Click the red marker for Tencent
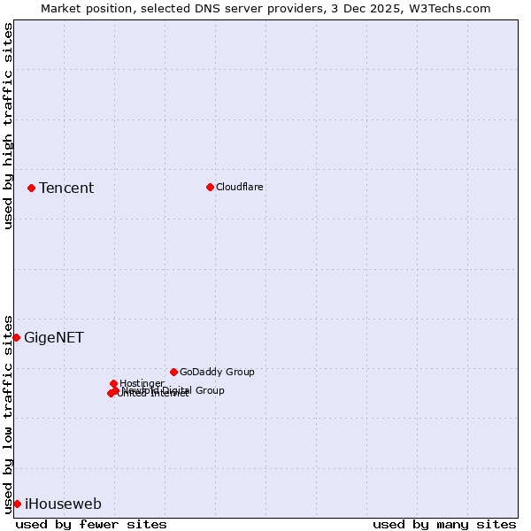(x=31, y=188)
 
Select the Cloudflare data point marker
(x=210, y=187)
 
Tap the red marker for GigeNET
(x=16, y=337)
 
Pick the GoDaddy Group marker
(x=173, y=372)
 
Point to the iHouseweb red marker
(x=17, y=504)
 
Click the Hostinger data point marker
(x=113, y=383)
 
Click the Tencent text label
(x=66, y=188)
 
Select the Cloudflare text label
(x=240, y=187)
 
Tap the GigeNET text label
(x=54, y=337)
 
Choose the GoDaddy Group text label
(x=217, y=372)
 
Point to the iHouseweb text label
(x=63, y=504)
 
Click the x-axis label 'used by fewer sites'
(x=91, y=524)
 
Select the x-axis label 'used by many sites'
(x=444, y=524)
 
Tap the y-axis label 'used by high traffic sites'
(x=8, y=126)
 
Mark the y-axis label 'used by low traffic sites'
(x=8, y=414)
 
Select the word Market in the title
(x=61, y=8)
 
